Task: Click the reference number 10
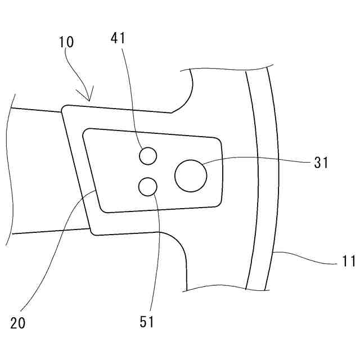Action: pos(66,41)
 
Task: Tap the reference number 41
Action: pos(119,38)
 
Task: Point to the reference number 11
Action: pos(349,261)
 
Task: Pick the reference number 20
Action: pos(18,323)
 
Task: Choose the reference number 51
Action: pos(146,322)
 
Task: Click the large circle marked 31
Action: pos(191,175)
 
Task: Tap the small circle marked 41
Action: pos(147,156)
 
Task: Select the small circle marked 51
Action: pos(147,186)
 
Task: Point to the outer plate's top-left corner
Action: pos(64,107)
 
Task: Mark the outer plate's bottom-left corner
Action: pos(93,232)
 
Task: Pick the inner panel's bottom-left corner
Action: pos(105,210)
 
